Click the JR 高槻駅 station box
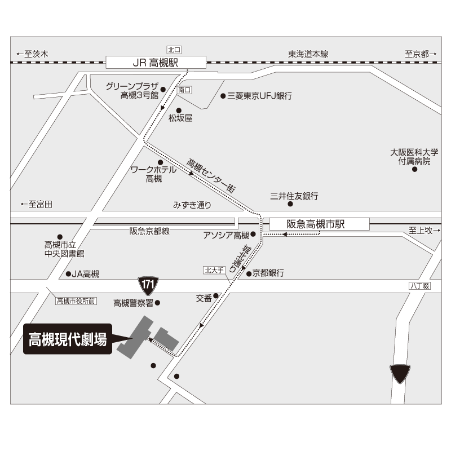pyautogui.click(x=156, y=63)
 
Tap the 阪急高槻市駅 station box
pyautogui.click(x=319, y=224)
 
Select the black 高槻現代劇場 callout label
pyautogui.click(x=68, y=339)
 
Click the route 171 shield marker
pyautogui.click(x=148, y=286)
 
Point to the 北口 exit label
pyautogui.click(x=174, y=50)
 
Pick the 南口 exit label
pyautogui.click(x=184, y=90)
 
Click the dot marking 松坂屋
pyautogui.click(x=179, y=110)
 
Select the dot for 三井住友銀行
pyautogui.click(x=290, y=204)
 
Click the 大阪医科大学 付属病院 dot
pyautogui.click(x=414, y=170)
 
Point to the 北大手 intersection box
pyautogui.click(x=214, y=270)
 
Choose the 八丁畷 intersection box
pyautogui.click(x=419, y=286)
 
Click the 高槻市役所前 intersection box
pyautogui.click(x=76, y=301)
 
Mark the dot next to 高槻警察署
pyautogui.click(x=157, y=303)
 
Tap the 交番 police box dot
pyautogui.click(x=216, y=295)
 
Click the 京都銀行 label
pyautogui.click(x=268, y=273)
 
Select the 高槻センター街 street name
pyautogui.click(x=211, y=175)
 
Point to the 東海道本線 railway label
pyautogui.click(x=308, y=54)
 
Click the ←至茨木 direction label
pyautogui.click(x=32, y=54)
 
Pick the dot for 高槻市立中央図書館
pyautogui.click(x=60, y=237)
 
